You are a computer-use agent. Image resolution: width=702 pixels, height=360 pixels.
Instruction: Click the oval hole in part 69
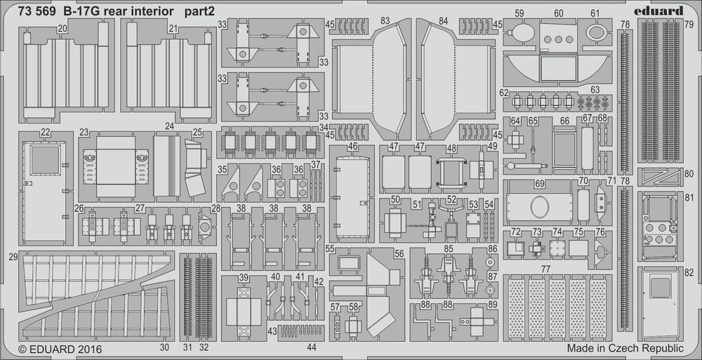tap(539, 208)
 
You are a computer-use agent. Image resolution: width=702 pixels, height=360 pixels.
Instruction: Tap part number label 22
tap(45, 133)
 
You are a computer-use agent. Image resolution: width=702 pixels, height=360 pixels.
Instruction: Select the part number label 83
tap(385, 22)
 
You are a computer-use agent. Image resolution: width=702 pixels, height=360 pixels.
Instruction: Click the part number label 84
tap(442, 22)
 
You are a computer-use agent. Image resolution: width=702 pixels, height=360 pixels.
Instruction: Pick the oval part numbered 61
tap(595, 32)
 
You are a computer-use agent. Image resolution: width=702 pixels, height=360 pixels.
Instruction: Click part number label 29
tap(13, 258)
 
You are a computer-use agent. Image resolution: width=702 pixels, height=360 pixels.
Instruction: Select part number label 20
tap(62, 28)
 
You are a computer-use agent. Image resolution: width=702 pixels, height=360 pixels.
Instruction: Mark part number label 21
tap(172, 28)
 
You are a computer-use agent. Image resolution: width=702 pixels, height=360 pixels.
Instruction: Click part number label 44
tap(311, 347)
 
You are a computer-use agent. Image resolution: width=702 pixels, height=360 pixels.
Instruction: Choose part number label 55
tap(330, 250)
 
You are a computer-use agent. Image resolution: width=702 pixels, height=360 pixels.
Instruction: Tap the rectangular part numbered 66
tap(563, 148)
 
